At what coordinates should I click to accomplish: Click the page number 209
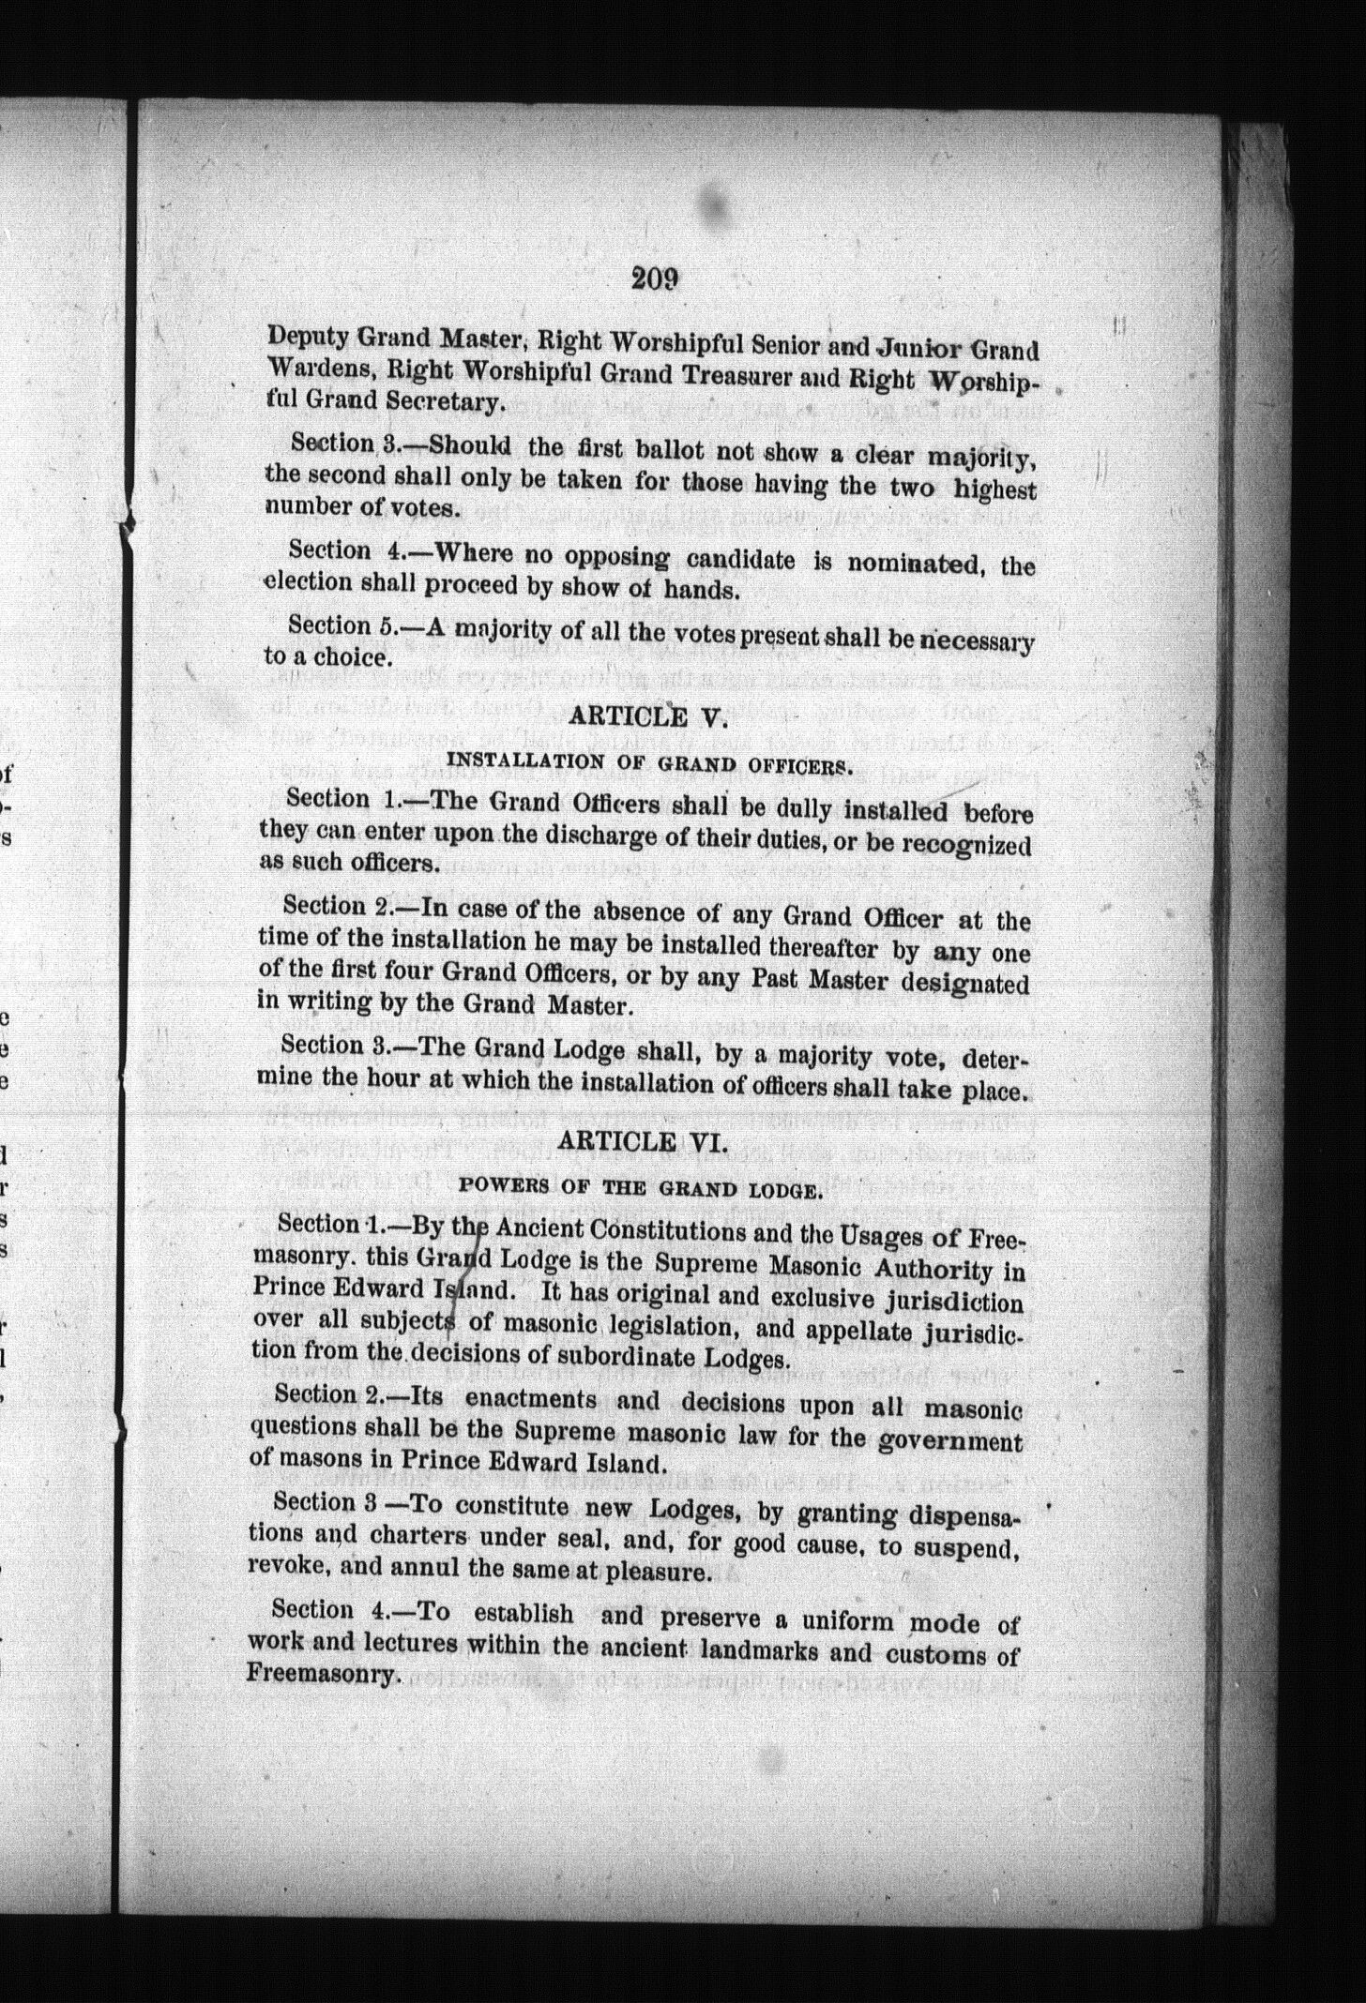[655, 279]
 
